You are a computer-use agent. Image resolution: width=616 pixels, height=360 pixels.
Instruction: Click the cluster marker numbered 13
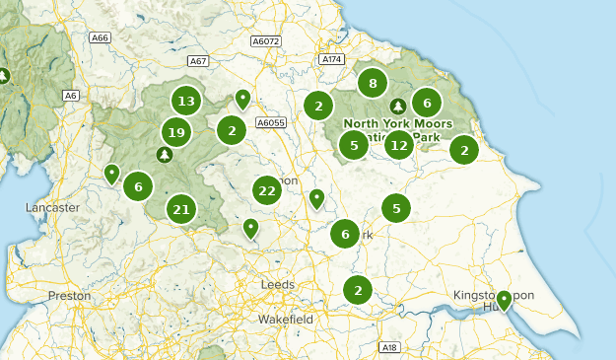pyautogui.click(x=185, y=101)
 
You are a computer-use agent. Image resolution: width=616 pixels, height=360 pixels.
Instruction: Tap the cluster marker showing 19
pyautogui.click(x=176, y=132)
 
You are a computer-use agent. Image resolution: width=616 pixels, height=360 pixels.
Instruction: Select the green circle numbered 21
pyautogui.click(x=181, y=209)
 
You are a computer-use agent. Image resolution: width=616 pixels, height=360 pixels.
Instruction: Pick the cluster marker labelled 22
pyautogui.click(x=266, y=190)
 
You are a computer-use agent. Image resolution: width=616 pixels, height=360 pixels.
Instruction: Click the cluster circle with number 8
pyautogui.click(x=373, y=84)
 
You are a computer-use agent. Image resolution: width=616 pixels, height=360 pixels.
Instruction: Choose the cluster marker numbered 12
pyautogui.click(x=398, y=147)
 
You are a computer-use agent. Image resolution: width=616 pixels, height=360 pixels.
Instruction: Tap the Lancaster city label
pyautogui.click(x=54, y=208)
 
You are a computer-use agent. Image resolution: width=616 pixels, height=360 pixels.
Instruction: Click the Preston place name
pyautogui.click(x=69, y=295)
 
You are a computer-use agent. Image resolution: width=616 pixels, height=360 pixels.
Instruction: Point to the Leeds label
pyautogui.click(x=277, y=284)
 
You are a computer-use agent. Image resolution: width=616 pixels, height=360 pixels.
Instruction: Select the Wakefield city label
pyautogui.click(x=286, y=320)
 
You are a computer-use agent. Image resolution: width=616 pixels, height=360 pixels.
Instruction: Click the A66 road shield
pyautogui.click(x=99, y=37)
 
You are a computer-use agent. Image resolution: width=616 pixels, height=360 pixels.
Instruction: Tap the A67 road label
pyautogui.click(x=198, y=61)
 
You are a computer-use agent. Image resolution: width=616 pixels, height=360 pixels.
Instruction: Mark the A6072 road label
pyautogui.click(x=266, y=41)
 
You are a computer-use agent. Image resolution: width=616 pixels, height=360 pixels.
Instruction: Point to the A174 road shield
pyautogui.click(x=331, y=59)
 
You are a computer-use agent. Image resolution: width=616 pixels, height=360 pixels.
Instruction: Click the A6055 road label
pyautogui.click(x=270, y=122)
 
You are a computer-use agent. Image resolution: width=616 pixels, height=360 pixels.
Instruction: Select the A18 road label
pyautogui.click(x=389, y=347)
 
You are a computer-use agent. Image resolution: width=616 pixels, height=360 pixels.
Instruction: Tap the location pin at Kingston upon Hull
pyautogui.click(x=505, y=300)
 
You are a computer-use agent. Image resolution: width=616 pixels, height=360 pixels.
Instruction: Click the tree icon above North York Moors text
pyautogui.click(x=397, y=106)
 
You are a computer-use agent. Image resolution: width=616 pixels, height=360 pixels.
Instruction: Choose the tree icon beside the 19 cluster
pyautogui.click(x=164, y=154)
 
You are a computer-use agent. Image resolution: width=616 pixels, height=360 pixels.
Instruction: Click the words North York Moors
pyautogui.click(x=397, y=123)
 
